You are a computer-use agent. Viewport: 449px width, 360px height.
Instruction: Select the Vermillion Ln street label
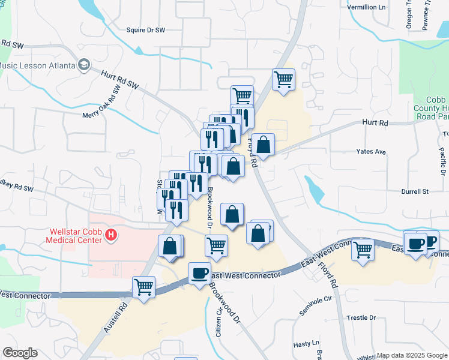tap(367, 7)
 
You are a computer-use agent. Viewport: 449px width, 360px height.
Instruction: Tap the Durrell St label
tap(415, 192)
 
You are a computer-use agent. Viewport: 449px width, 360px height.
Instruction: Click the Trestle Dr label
tap(361, 317)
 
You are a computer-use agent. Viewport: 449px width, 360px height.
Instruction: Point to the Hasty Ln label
tap(306, 344)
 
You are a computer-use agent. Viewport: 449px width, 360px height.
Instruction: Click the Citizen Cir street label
tap(218, 320)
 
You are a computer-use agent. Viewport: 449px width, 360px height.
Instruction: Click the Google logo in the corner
tap(20, 353)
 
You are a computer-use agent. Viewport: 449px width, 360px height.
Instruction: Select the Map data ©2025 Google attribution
tap(412, 355)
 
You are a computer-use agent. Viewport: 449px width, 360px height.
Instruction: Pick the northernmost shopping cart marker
tap(283, 79)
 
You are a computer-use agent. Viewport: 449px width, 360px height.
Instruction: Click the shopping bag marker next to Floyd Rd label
tap(263, 144)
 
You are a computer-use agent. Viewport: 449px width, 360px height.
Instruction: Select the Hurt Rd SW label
tap(119, 79)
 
